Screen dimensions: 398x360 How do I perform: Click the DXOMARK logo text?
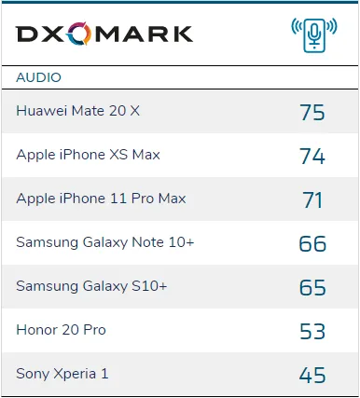pos(104,34)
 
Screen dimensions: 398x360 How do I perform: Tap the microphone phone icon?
pos(312,34)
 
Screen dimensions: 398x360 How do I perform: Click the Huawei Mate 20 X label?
pos(77,111)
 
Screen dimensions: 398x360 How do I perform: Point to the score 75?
pos(312,112)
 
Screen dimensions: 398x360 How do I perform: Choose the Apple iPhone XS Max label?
pos(88,155)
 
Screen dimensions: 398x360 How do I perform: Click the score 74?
pos(312,156)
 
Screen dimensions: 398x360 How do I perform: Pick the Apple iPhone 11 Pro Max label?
pos(101,199)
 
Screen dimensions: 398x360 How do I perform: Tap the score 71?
pos(312,199)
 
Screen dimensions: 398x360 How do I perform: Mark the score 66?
pos(312,243)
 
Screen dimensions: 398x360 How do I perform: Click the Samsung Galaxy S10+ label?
pos(91,286)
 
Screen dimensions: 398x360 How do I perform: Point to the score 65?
pos(312,287)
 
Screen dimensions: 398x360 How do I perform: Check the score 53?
pos(312,331)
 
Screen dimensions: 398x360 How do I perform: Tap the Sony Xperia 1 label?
pos(62,374)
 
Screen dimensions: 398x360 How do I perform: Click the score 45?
pos(312,375)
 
